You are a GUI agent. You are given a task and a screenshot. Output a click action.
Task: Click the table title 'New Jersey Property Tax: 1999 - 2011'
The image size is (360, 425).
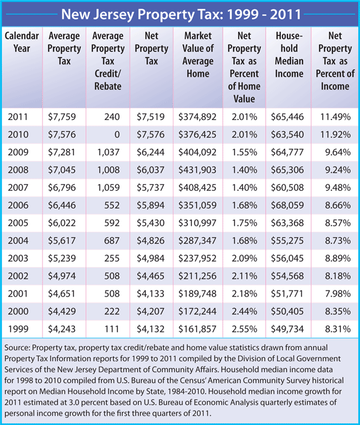180,14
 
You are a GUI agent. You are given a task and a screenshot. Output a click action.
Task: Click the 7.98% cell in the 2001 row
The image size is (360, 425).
338,291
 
